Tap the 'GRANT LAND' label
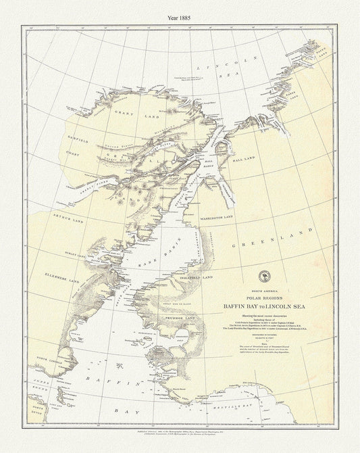point(126,112)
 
